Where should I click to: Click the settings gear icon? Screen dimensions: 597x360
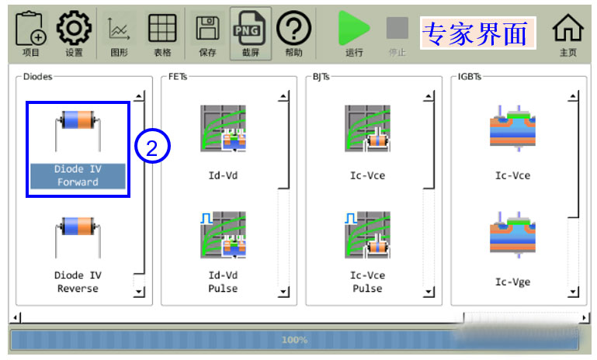click(74, 28)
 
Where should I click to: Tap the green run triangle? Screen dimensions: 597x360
click(354, 28)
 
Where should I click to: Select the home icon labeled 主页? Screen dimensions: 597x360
click(567, 27)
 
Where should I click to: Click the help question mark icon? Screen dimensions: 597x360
click(293, 28)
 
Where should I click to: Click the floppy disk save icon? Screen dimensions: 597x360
click(207, 28)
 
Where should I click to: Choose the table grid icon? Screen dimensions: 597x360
click(162, 28)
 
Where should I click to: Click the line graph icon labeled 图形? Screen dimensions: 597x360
click(119, 29)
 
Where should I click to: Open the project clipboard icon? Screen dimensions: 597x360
click(31, 28)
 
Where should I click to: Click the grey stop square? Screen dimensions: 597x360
click(397, 28)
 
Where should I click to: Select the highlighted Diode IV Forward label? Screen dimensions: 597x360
click(78, 175)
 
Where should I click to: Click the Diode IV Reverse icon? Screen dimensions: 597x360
click(78, 237)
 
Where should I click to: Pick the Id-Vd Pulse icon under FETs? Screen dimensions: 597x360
click(223, 235)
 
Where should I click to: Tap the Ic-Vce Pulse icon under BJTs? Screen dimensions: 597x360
click(367, 235)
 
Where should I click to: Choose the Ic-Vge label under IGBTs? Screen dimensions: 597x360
click(512, 282)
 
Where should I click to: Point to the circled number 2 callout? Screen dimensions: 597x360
click(152, 146)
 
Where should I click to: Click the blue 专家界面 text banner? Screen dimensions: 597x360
click(477, 33)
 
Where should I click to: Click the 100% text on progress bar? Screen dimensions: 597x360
click(295, 340)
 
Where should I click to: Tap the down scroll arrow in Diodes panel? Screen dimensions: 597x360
click(139, 292)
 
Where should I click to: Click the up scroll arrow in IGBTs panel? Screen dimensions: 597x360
click(573, 96)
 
